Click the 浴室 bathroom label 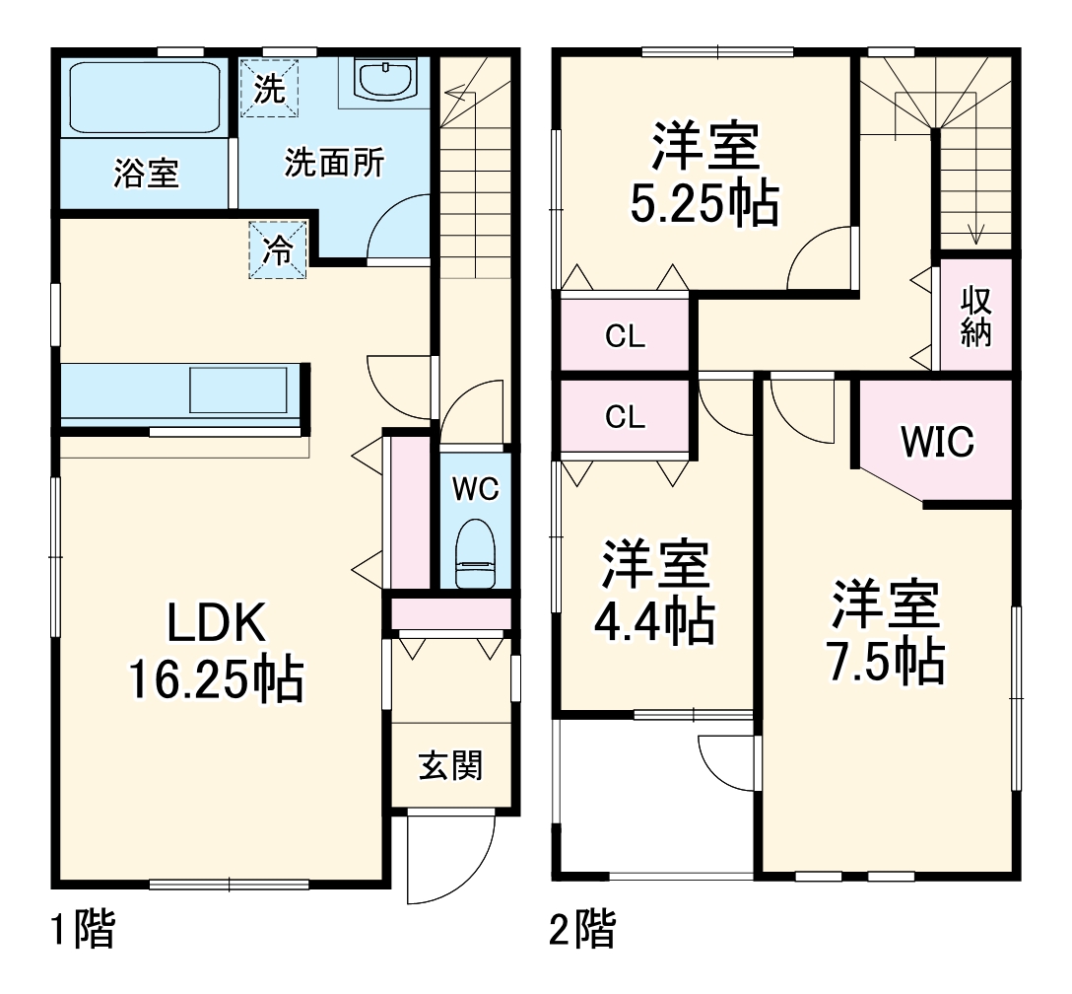[146, 174]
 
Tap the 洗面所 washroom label [334, 163]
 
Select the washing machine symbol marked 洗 [269, 89]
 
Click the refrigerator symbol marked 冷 [279, 251]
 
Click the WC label [475, 488]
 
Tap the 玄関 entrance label [451, 765]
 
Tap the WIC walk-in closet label [937, 442]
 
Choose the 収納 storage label [975, 316]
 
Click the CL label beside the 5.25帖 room [625, 336]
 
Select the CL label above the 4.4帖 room [625, 416]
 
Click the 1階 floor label [83, 929]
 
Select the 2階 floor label [583, 929]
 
